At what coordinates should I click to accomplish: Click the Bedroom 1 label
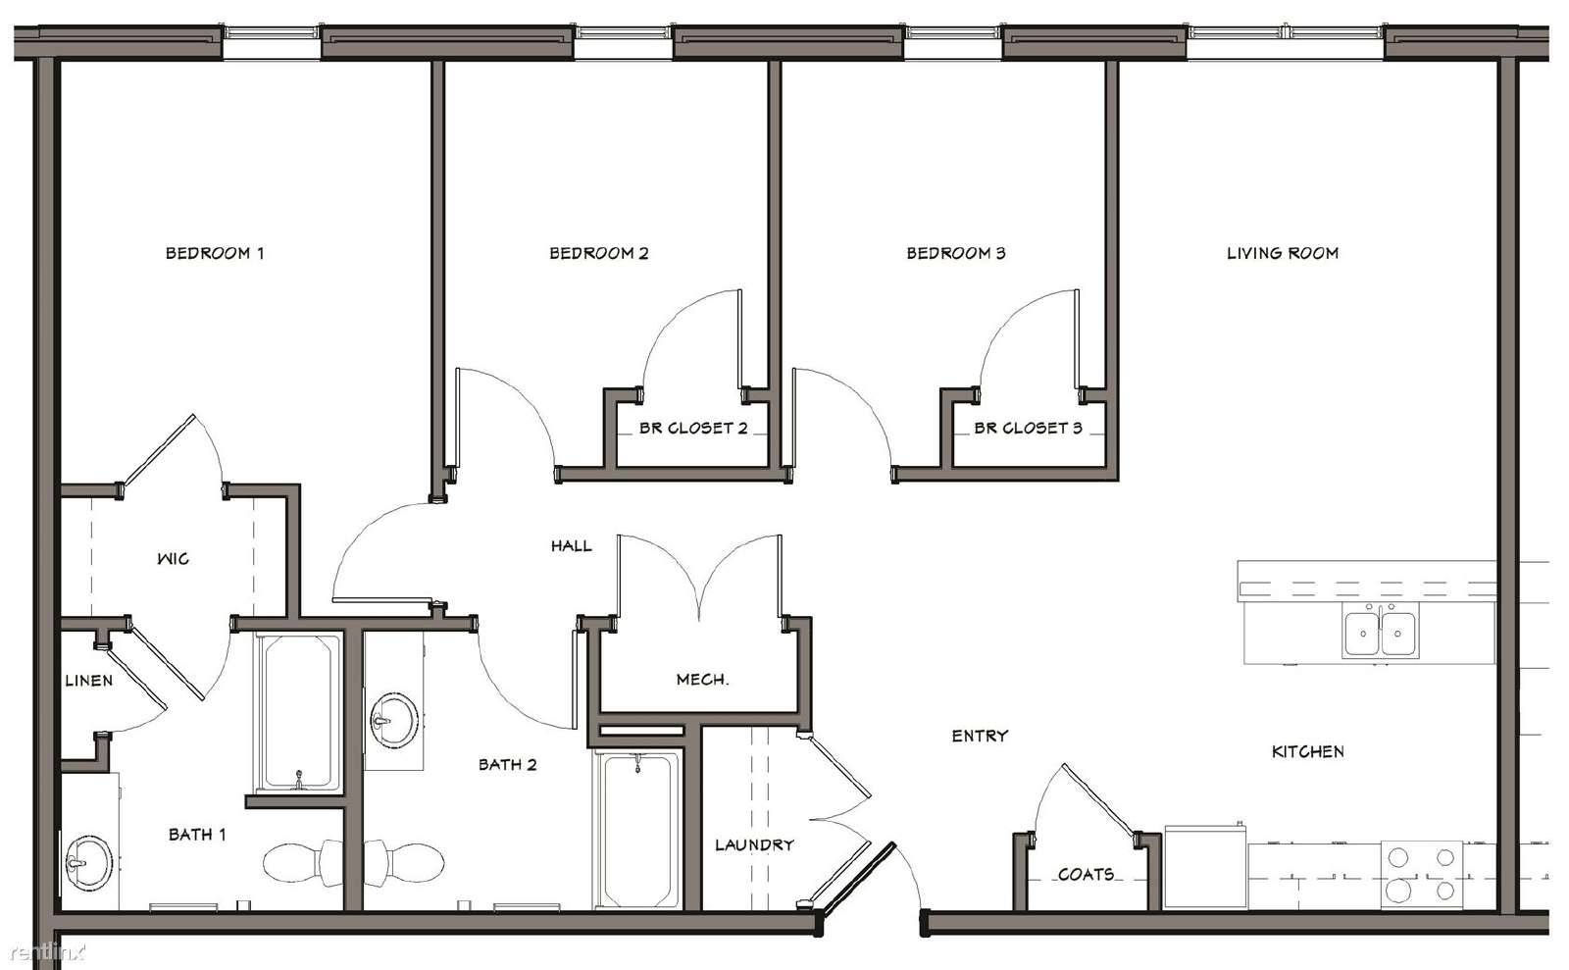point(215,253)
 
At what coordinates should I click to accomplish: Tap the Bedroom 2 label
point(599,253)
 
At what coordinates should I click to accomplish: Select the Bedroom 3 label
point(956,253)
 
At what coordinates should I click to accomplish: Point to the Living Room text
point(1283,253)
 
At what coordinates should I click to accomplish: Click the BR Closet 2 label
point(693,428)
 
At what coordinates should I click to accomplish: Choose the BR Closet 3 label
point(1029,428)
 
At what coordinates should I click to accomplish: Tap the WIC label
point(173,558)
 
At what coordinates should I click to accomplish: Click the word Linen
point(89,680)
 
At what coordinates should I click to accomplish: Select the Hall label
point(572,545)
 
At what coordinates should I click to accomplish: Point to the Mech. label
point(702,679)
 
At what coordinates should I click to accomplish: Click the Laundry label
point(754,844)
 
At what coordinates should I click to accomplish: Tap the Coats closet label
point(1086,874)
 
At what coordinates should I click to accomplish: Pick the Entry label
point(980,736)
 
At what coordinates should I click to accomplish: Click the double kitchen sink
point(1381,633)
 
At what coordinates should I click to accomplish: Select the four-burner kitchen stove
point(1422,874)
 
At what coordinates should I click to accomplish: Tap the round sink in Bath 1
point(89,862)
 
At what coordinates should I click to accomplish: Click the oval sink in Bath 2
point(395,721)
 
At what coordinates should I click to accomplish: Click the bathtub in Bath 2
point(637,830)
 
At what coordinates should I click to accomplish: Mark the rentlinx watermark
point(48,952)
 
